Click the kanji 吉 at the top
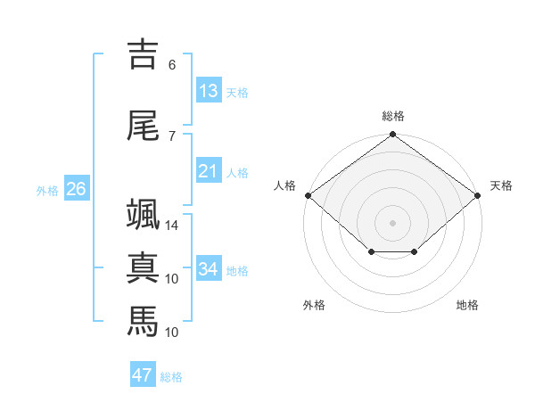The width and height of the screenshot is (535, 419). pos(143,54)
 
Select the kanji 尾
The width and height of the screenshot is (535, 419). pos(143,126)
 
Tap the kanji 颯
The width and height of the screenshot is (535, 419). pos(143,214)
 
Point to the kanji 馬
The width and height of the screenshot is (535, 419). pos(143,321)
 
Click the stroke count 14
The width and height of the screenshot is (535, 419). pos(171,226)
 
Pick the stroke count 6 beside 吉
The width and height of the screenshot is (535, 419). pos(172,65)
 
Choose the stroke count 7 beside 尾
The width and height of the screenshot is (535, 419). pos(172,136)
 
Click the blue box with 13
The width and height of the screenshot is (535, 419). pos(209,90)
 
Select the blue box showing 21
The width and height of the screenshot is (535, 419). pos(209,170)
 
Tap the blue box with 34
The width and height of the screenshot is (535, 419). pos(209,267)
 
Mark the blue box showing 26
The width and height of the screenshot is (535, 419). pos(77,188)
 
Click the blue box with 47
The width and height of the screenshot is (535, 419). pos(143,374)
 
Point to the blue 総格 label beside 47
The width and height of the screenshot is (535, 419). pos(171,377)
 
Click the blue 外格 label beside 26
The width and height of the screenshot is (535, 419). pos(47,191)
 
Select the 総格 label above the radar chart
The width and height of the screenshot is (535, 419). pos(393,116)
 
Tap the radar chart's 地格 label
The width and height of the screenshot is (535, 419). pos(467,305)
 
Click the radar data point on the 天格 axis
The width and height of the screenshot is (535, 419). pos(478,195)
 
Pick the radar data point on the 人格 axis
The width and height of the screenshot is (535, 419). pos(309,195)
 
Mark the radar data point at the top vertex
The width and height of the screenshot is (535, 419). pos(392,134)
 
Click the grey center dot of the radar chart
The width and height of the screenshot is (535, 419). pos(392,223)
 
